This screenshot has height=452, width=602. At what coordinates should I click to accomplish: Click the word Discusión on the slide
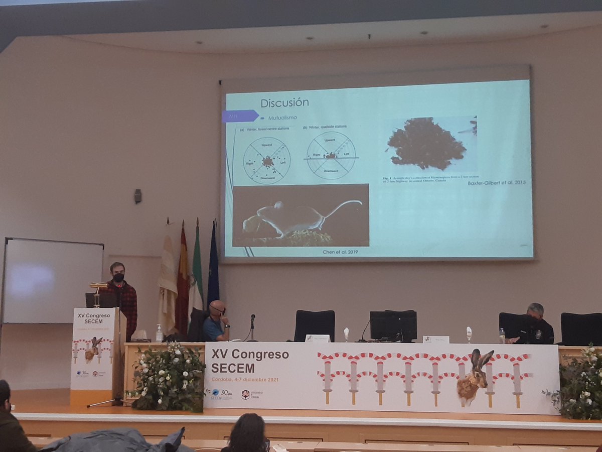[x=284, y=103]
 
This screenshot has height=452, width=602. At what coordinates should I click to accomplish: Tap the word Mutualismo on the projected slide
[x=282, y=118]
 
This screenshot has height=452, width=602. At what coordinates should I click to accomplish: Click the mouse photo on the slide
[x=300, y=215]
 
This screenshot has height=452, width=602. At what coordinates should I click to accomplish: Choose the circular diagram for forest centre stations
[x=267, y=161]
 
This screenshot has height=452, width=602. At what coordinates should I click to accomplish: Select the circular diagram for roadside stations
[x=331, y=156]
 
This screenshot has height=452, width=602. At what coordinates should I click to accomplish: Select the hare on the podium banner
[x=93, y=349]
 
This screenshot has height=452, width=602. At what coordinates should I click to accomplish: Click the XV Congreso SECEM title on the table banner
[x=250, y=361]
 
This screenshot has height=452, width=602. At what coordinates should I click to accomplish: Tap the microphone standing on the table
[x=252, y=326]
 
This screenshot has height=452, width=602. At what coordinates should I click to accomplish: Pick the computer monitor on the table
[x=393, y=325]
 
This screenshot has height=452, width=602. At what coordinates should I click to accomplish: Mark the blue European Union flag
[x=213, y=266]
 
